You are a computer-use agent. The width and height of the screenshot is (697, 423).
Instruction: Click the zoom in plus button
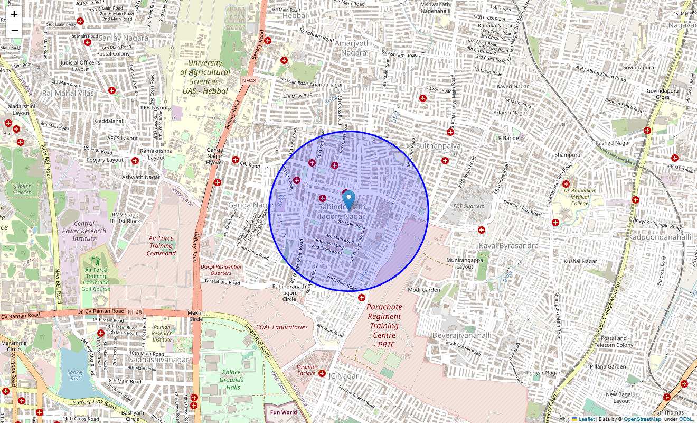[14, 14]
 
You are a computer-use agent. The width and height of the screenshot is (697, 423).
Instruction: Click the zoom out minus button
[14, 30]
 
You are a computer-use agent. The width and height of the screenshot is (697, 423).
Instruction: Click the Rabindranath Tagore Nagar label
[341, 212]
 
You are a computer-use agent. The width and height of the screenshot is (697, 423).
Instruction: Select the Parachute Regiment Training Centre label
[384, 326]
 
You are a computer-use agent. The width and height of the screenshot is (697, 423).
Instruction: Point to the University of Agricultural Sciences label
[205, 77]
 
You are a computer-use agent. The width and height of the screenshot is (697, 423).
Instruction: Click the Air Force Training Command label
[161, 246]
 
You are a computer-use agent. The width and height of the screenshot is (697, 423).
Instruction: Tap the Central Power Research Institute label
[84, 231]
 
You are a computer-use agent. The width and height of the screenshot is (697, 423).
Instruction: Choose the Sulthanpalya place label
[438, 145]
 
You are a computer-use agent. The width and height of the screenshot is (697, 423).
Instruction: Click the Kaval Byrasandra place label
[508, 246]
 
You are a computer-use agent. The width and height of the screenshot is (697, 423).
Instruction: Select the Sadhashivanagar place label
[158, 360]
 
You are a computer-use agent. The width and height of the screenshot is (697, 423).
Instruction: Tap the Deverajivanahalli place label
[461, 335]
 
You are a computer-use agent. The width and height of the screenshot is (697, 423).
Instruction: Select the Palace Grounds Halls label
[231, 380]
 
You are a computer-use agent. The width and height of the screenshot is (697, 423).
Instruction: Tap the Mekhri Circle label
[196, 316]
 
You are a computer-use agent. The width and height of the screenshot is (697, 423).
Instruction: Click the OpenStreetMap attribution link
[642, 419]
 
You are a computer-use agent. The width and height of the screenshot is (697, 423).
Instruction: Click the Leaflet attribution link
[586, 419]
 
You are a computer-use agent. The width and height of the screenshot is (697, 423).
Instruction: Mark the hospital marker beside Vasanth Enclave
[322, 373]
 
